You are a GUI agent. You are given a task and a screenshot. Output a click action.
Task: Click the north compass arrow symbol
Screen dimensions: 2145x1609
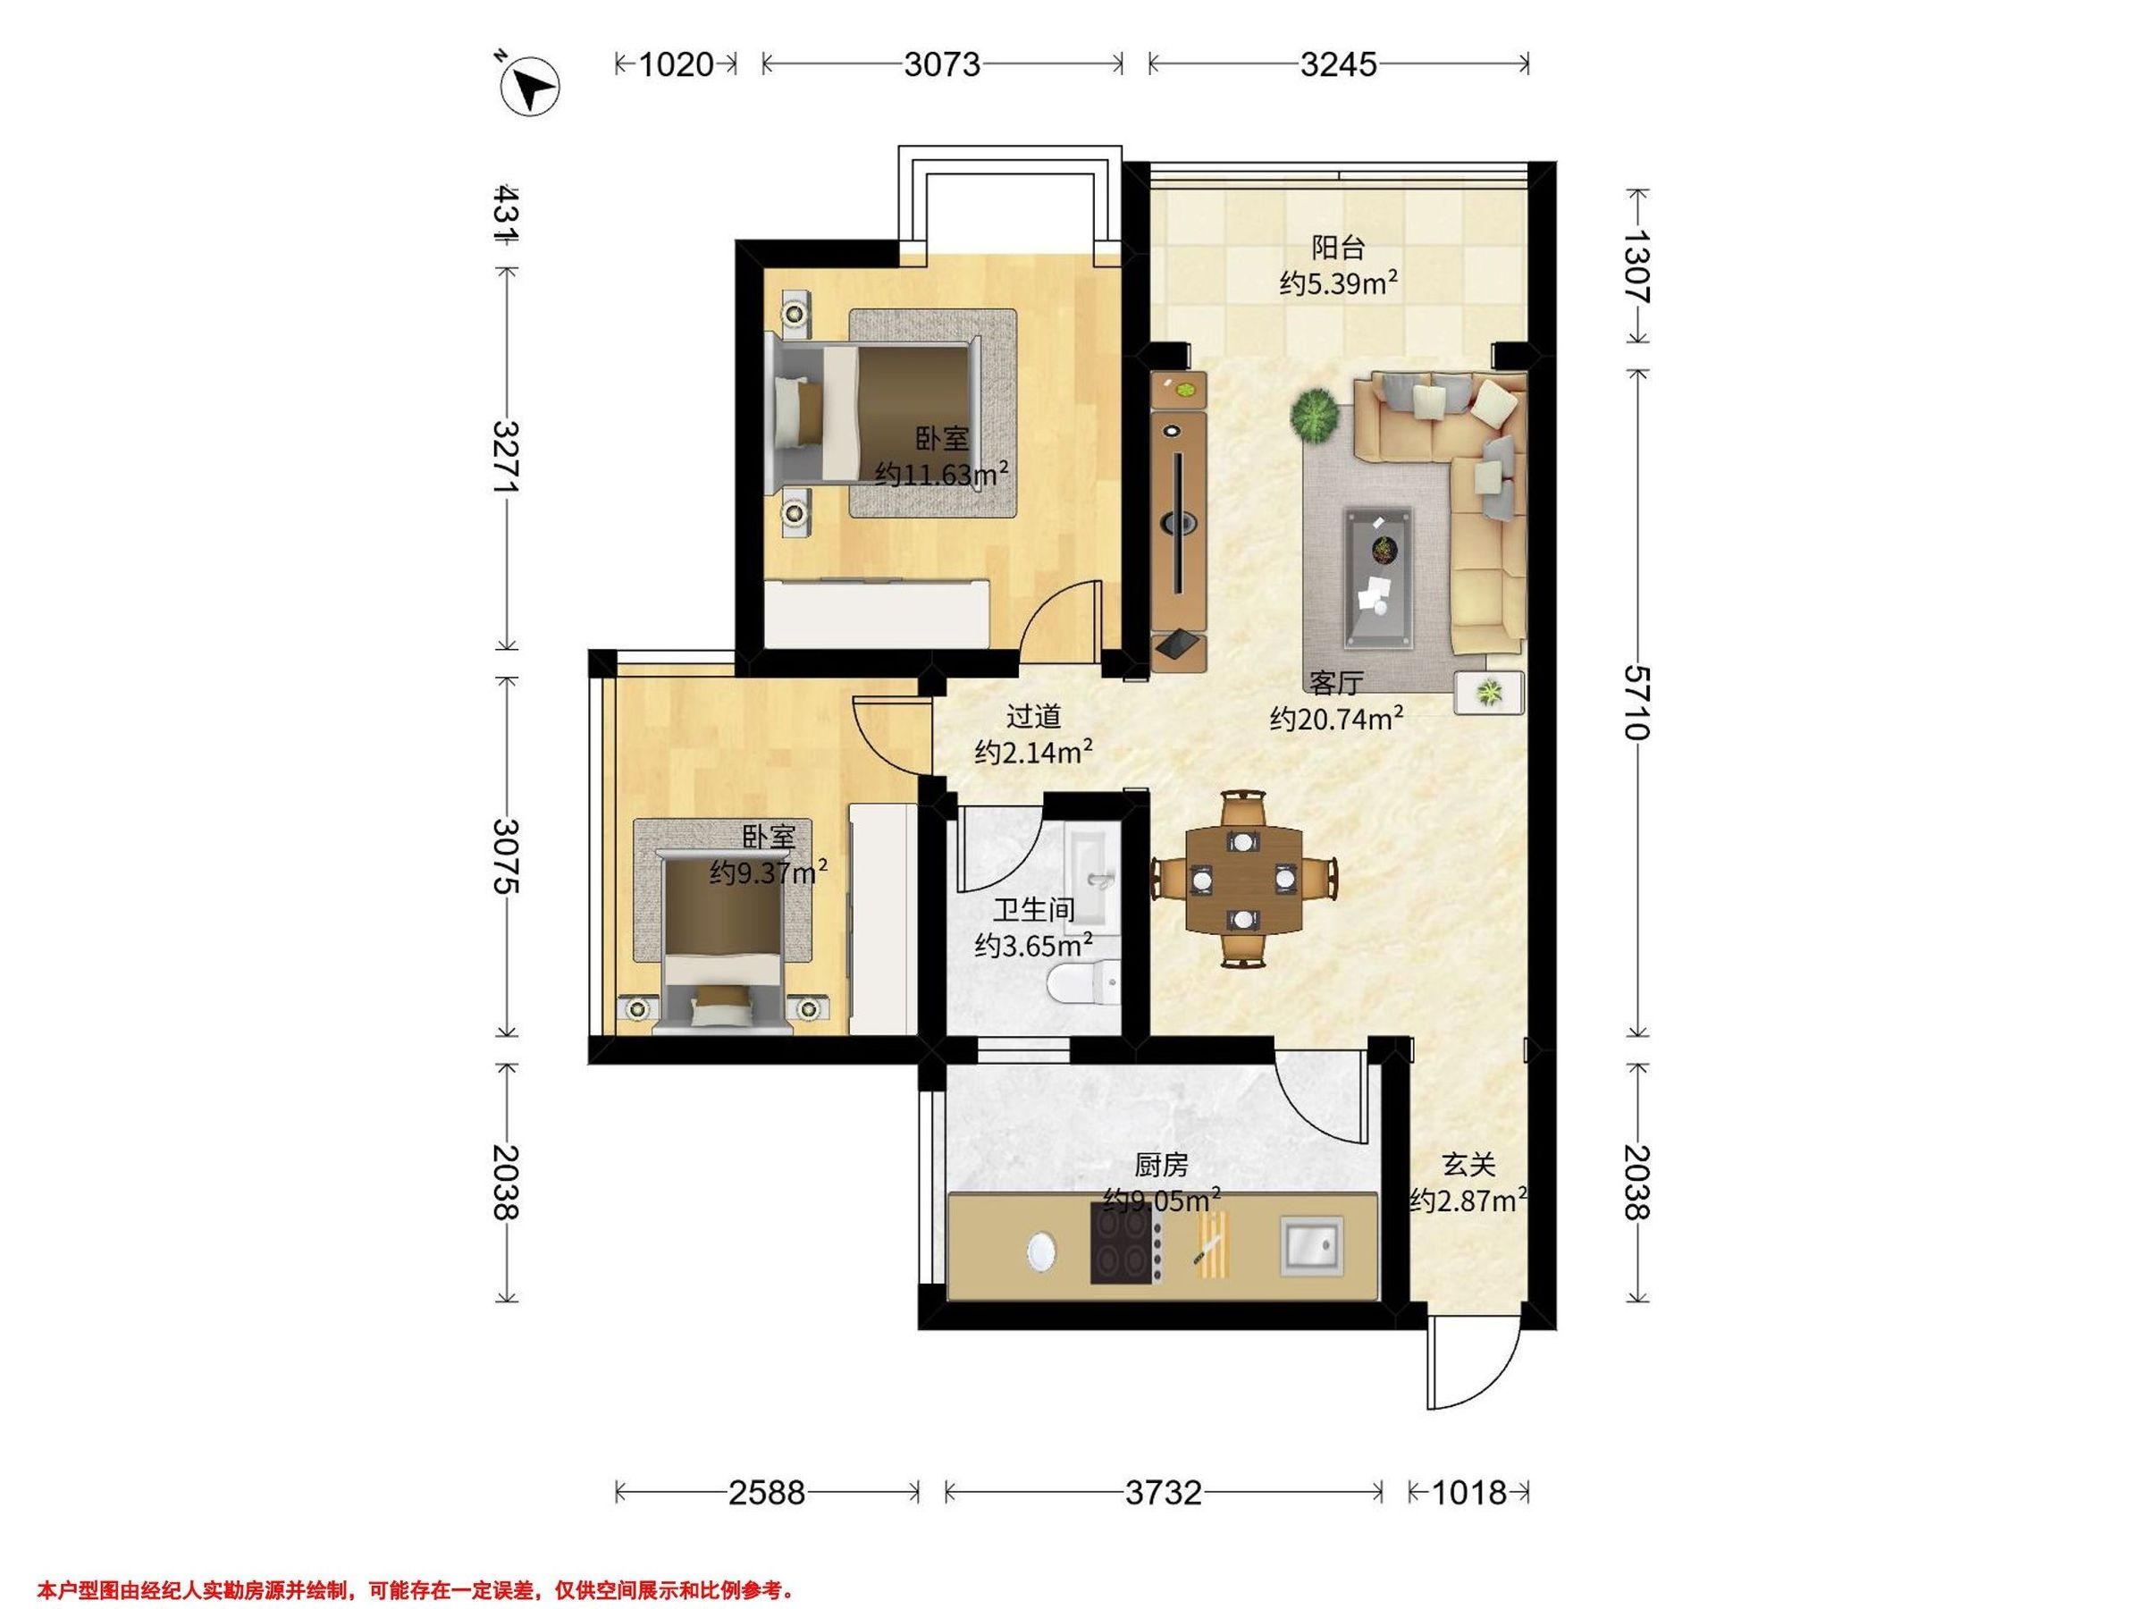(x=529, y=88)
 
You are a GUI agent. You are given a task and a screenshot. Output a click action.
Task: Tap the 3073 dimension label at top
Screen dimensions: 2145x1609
(x=942, y=65)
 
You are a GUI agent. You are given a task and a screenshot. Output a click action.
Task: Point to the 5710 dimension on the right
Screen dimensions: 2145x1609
(x=1636, y=703)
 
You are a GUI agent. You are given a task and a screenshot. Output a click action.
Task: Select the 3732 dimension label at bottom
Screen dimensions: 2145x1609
(x=1164, y=1493)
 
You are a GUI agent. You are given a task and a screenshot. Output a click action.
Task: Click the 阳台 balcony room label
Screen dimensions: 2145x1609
(x=1338, y=249)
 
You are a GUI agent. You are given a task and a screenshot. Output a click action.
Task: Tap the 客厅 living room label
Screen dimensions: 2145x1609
(x=1336, y=683)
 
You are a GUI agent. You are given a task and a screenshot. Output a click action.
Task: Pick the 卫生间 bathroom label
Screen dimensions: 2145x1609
(x=1034, y=910)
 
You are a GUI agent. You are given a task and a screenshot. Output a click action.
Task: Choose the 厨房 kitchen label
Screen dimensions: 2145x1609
(x=1161, y=1164)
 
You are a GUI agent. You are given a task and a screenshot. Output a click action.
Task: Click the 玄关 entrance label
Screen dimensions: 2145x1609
(x=1469, y=1164)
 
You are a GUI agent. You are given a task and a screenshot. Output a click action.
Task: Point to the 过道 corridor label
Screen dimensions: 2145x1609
(x=1034, y=717)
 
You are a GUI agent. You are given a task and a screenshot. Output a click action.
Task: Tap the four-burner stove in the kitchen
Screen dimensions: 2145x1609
(x=1128, y=1243)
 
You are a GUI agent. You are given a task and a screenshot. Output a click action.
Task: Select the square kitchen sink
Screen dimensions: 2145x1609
(x=1312, y=1246)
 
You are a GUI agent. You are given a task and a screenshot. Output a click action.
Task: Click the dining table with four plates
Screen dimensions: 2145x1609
(x=1244, y=879)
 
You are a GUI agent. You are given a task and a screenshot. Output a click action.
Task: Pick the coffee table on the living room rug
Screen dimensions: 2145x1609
(x=1378, y=577)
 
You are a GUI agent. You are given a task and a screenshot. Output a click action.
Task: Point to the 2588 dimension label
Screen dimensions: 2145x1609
(x=767, y=1493)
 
